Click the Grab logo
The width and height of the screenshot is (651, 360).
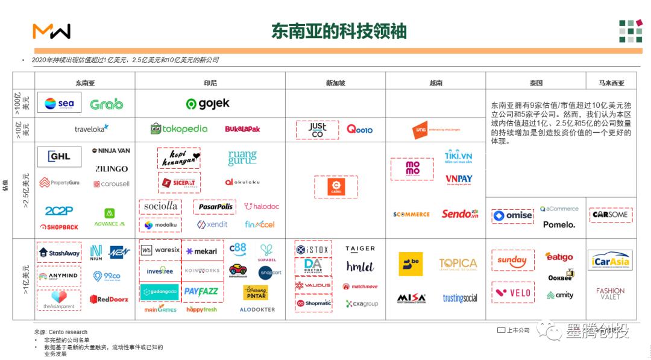point(106,104)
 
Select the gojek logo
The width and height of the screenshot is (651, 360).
point(208,104)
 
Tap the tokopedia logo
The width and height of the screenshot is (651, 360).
point(179,128)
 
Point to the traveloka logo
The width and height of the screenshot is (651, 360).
point(92,128)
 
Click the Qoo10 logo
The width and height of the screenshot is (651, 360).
point(359,129)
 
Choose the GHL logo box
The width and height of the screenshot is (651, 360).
point(59,156)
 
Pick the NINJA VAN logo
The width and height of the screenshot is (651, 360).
point(111,151)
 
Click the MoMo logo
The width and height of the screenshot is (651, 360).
point(412,169)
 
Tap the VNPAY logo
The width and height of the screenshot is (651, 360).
point(459,179)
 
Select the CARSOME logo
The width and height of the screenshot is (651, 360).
point(610,215)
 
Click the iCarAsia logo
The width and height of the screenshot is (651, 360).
point(610,261)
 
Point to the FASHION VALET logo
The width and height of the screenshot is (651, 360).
point(610,294)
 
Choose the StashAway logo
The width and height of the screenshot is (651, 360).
point(59,253)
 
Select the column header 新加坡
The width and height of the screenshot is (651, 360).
point(336,83)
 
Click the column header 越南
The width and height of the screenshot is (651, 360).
point(435,83)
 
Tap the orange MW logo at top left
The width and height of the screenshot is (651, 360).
point(51,31)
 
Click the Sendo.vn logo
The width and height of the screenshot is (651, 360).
point(460,214)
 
